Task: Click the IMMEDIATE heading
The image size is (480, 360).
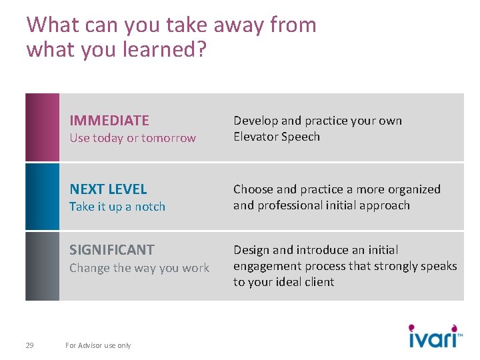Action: tap(109, 121)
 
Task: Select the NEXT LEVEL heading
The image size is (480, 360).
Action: tap(108, 189)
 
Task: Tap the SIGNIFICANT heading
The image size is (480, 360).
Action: tap(112, 250)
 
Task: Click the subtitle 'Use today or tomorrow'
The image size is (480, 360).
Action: tap(133, 138)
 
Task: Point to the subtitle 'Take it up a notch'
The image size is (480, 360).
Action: tap(117, 207)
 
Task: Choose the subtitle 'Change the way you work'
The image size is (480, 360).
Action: tap(139, 268)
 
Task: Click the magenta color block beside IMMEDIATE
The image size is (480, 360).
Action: tap(42, 127)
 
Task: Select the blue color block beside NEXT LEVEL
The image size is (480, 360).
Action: tap(42, 197)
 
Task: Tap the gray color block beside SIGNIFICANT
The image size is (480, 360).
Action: tap(42, 266)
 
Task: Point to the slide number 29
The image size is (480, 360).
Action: tap(29, 345)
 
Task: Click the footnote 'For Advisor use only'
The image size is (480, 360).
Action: tap(98, 345)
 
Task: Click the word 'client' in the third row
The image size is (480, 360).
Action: tap(318, 282)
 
